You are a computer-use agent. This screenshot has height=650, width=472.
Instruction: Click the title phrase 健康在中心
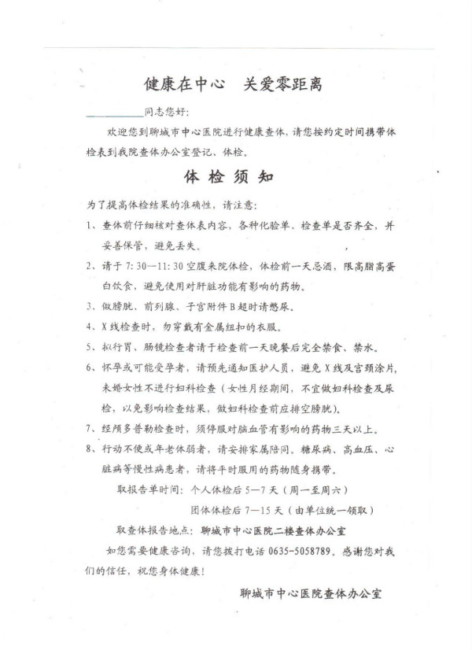click(183, 83)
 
